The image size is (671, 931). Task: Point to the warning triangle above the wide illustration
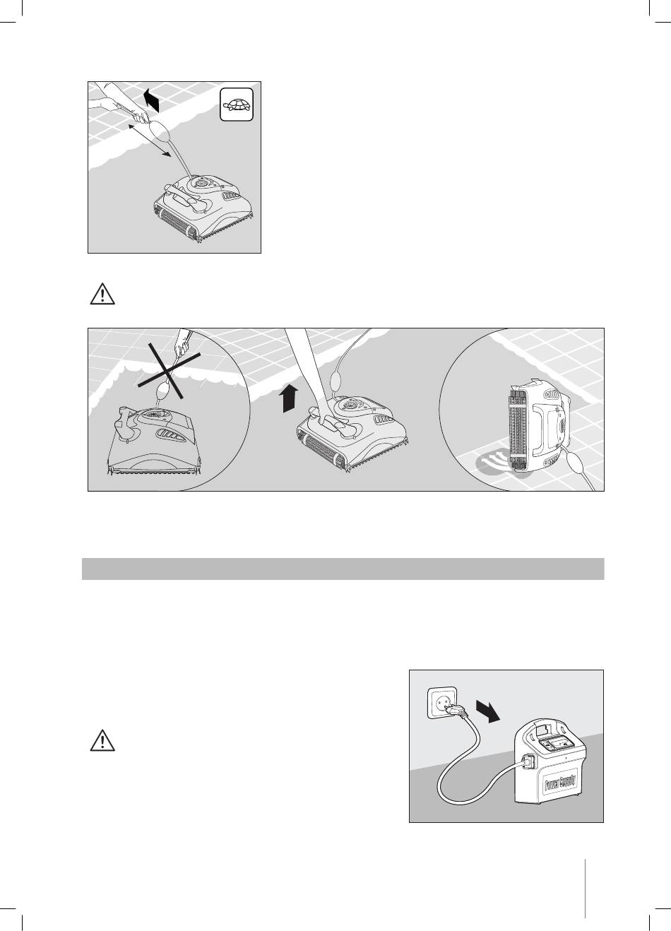[x=102, y=294]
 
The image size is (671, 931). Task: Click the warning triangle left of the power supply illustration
[x=102, y=740]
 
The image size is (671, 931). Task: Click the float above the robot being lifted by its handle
[x=338, y=379]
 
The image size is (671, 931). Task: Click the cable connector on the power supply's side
[x=528, y=765]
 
